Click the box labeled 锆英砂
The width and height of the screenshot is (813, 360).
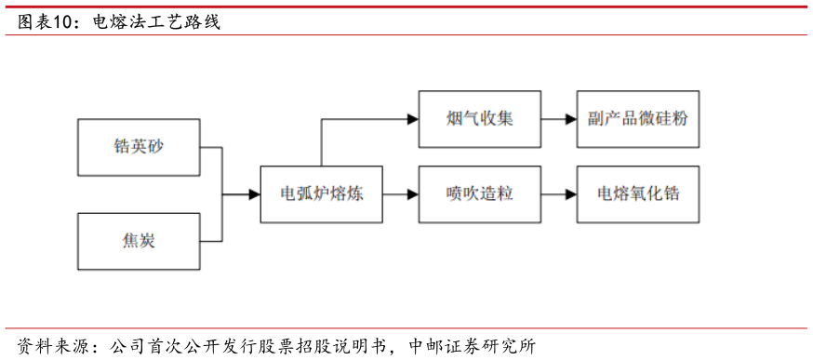[138, 147]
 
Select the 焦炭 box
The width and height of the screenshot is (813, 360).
[138, 241]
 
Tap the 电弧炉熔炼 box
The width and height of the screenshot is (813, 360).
[321, 194]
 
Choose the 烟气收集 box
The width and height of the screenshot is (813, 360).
[479, 119]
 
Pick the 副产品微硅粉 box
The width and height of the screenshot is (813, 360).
[637, 119]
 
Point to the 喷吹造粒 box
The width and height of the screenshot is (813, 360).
[479, 194]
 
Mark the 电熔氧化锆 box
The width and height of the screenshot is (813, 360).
[637, 194]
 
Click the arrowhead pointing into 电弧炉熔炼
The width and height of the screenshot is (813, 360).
[254, 194]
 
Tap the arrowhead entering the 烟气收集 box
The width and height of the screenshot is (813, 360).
[412, 119]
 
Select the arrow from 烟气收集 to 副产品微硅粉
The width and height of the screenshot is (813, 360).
[558, 119]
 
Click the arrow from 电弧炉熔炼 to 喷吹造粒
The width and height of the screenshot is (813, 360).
[400, 194]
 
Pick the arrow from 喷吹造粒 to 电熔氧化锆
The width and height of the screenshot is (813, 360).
[558, 194]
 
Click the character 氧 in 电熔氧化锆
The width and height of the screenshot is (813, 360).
[637, 194]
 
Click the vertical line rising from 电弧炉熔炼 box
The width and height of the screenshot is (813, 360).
[321, 144]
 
